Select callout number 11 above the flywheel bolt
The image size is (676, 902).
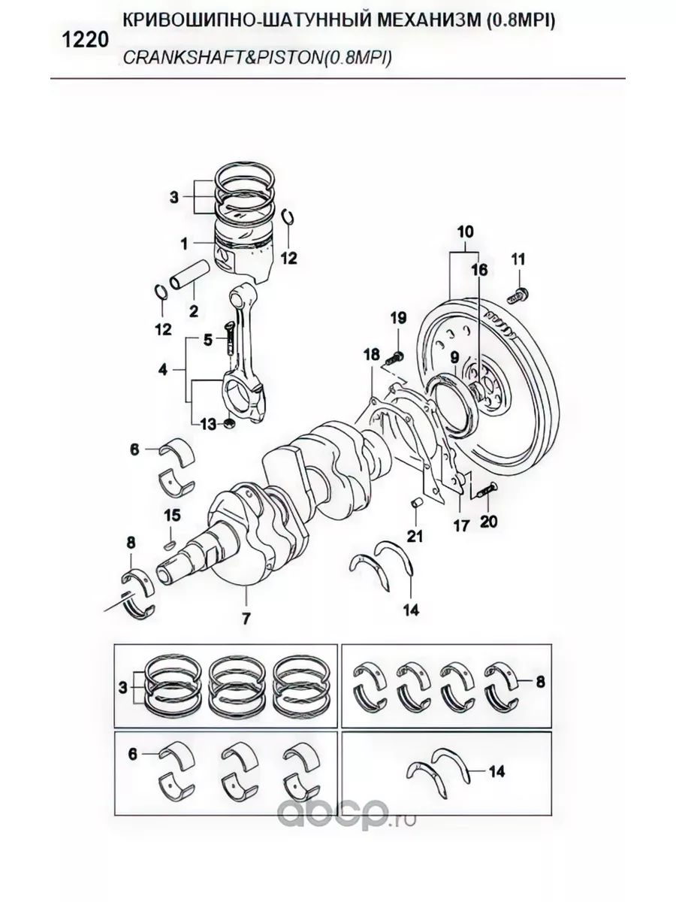coord(518,259)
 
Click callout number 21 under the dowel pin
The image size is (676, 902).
coord(415,536)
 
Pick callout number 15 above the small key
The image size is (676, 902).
coord(172,515)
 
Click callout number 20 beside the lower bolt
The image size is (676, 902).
coord(489,519)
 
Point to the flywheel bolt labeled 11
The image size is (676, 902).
coord(518,294)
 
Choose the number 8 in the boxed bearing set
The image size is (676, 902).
coord(540,683)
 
